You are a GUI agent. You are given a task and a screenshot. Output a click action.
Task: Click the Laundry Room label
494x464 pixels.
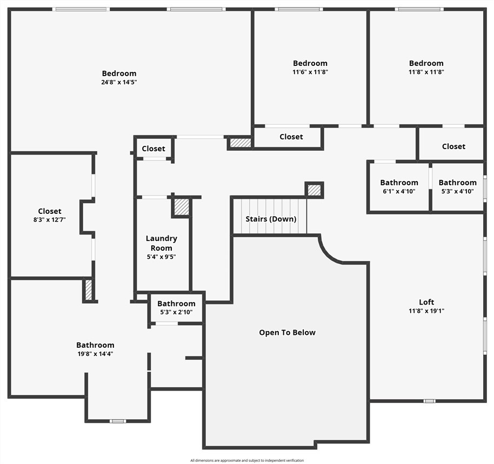[x=161, y=243]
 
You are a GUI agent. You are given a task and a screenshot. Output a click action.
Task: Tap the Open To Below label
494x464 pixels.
[x=288, y=332]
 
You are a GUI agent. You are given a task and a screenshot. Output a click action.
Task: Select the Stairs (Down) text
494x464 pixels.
[x=271, y=219]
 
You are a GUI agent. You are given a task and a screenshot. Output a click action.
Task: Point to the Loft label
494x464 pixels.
[x=426, y=302]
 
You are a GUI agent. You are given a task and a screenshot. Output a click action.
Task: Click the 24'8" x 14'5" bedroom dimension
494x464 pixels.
[x=119, y=82]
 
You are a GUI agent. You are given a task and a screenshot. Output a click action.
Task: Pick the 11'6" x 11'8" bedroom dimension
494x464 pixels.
[x=310, y=72]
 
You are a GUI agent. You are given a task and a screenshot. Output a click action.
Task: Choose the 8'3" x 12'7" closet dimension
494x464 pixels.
[x=50, y=220]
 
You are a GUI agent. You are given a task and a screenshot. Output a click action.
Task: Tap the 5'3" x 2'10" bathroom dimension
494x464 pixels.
[x=176, y=312]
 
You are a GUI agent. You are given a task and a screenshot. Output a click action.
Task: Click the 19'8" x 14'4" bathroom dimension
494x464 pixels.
[x=96, y=354]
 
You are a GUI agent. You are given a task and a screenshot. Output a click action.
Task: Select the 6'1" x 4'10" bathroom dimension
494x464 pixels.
[x=399, y=191]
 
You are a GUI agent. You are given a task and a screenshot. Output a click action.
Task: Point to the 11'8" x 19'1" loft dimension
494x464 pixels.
[x=426, y=311]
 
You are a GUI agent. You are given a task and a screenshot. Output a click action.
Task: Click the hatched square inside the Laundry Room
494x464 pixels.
[x=182, y=207]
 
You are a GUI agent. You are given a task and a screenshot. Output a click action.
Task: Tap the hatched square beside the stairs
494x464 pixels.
[x=314, y=190]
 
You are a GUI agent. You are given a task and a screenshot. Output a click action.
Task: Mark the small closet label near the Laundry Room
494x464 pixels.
[x=153, y=149]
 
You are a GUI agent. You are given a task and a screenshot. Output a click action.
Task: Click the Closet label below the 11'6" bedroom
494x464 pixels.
[x=291, y=137]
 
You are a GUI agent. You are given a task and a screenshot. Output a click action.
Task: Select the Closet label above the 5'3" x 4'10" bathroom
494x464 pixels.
[x=453, y=146]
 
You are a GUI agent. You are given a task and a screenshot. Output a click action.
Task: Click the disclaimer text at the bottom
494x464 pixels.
[x=247, y=460]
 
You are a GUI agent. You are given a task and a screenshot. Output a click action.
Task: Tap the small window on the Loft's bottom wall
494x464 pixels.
[x=430, y=401]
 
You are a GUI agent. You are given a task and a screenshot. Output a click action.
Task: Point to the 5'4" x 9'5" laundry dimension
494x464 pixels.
[x=161, y=257]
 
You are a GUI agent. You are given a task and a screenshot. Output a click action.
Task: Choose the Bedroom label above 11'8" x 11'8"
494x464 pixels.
[x=426, y=63]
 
